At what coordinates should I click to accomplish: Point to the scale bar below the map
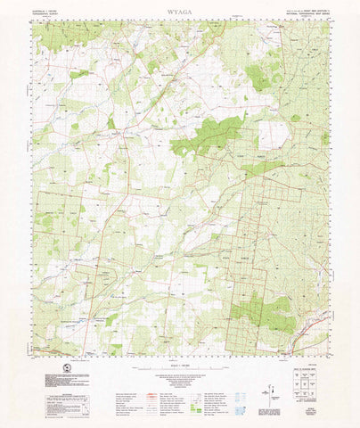pos(179,361)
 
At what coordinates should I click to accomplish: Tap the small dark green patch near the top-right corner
pos(258,78)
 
